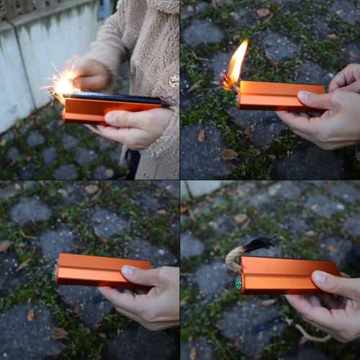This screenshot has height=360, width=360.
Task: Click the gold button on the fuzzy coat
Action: click(x=174, y=81)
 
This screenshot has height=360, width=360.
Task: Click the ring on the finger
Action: click(x=343, y=76)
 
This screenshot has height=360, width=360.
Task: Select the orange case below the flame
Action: click(x=277, y=95)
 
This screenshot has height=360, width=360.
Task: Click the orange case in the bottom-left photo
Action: click(x=94, y=270)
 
